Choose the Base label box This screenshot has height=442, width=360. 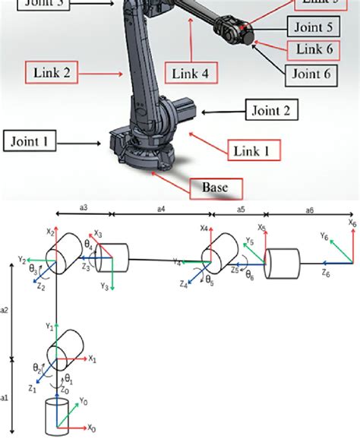pyautogui.click(x=215, y=186)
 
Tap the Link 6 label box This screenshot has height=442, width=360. pyautogui.click(x=314, y=50)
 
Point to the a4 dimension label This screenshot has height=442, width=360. pyautogui.click(x=162, y=207)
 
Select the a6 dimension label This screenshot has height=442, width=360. pyautogui.click(x=309, y=207)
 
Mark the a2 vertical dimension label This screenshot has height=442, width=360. pyautogui.click(x=5, y=309)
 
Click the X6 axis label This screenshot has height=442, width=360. pyautogui.click(x=352, y=223)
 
